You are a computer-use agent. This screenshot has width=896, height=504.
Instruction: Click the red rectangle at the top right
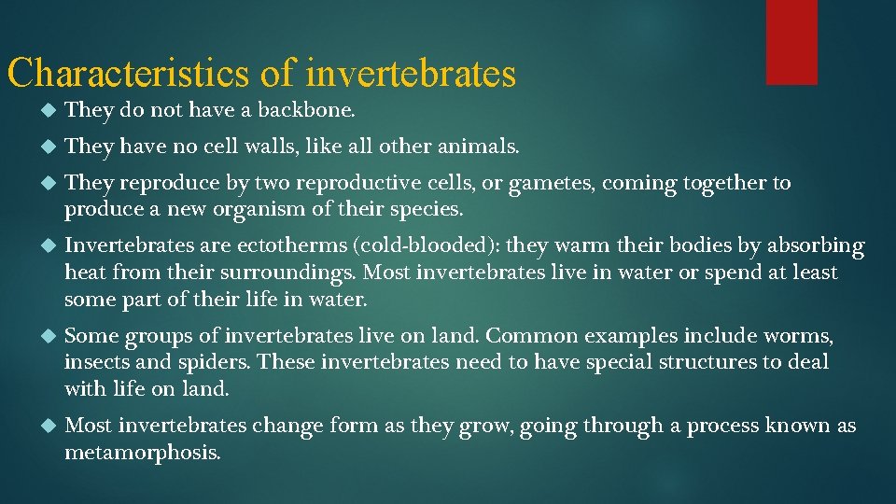coord(791,41)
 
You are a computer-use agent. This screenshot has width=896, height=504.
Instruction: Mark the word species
coord(425,209)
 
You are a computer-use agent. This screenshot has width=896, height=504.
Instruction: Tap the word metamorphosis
coord(142,453)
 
